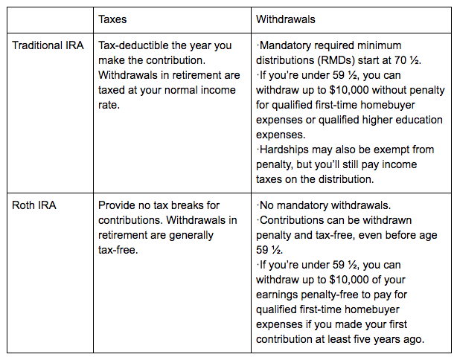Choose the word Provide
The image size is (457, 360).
[118, 204]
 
